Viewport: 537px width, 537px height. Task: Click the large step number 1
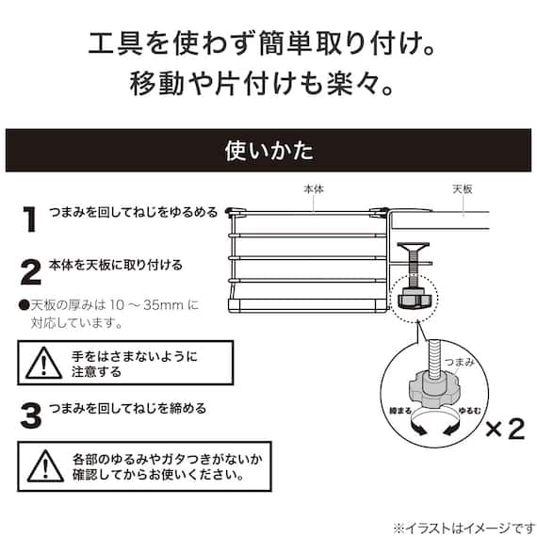[30, 220]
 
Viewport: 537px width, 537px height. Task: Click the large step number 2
[31, 272]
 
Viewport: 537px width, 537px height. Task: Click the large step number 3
[31, 415]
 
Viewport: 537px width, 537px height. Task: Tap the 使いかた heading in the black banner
[268, 151]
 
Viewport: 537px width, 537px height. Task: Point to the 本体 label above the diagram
[314, 189]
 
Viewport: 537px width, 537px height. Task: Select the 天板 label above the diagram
[463, 189]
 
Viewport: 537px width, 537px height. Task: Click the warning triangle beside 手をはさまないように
[44, 364]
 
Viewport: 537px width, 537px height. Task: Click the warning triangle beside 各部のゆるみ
[45, 466]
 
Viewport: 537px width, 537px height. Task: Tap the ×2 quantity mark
[506, 429]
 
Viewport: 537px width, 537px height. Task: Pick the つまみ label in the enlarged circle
[459, 362]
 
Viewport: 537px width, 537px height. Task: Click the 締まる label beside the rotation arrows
[400, 410]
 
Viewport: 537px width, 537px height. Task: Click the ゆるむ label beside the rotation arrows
[470, 410]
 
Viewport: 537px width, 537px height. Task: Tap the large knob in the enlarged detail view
[432, 390]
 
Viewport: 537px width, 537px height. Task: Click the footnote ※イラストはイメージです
[464, 529]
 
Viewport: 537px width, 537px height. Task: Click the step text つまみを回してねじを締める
[128, 408]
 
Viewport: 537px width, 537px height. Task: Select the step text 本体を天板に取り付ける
[116, 265]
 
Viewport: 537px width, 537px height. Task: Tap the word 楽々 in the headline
[354, 83]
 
